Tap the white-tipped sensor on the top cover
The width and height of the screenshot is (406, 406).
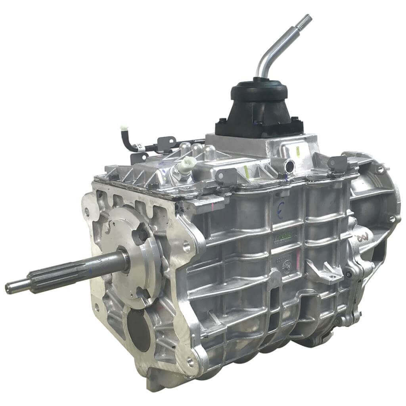(185, 164)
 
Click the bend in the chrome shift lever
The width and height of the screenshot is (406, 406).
(266, 56)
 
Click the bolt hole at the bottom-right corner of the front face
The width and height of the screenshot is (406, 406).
(191, 360)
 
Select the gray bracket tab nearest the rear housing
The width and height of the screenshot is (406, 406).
(335, 163)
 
